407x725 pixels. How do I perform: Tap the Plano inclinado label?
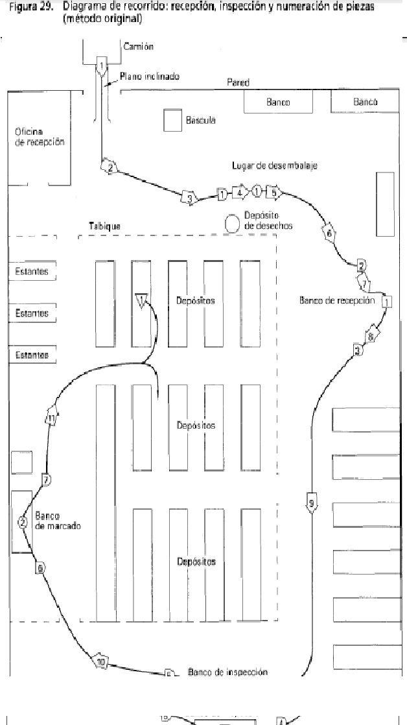point(149,77)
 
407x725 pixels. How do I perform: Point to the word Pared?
point(238,82)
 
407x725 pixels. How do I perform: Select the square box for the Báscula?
point(172,121)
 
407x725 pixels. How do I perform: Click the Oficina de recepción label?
point(40,136)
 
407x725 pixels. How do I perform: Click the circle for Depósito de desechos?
point(232,222)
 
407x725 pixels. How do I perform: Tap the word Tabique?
point(104,226)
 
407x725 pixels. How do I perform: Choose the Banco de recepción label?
point(337,300)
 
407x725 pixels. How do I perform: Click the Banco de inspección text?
point(227,672)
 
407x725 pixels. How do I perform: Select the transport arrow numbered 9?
point(312,503)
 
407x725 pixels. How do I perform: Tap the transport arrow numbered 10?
point(101,661)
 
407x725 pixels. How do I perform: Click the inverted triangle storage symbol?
point(142,300)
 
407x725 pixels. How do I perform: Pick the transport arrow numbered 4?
point(240,193)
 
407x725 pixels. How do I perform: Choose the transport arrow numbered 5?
point(274,193)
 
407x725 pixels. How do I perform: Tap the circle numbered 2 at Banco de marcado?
point(23,522)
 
